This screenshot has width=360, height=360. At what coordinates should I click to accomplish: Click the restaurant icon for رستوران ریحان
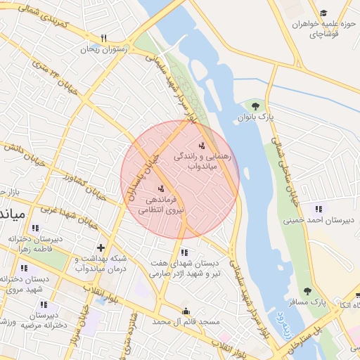(103, 38)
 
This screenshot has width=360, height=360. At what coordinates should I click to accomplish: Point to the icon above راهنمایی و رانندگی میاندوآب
(202, 146)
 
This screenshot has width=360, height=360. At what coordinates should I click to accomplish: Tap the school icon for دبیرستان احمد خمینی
(319, 208)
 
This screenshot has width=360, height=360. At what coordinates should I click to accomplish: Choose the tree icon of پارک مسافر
(307, 291)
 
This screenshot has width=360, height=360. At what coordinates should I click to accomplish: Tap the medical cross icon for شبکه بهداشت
(101, 247)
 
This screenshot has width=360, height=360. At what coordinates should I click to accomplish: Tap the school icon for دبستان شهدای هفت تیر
(184, 252)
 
